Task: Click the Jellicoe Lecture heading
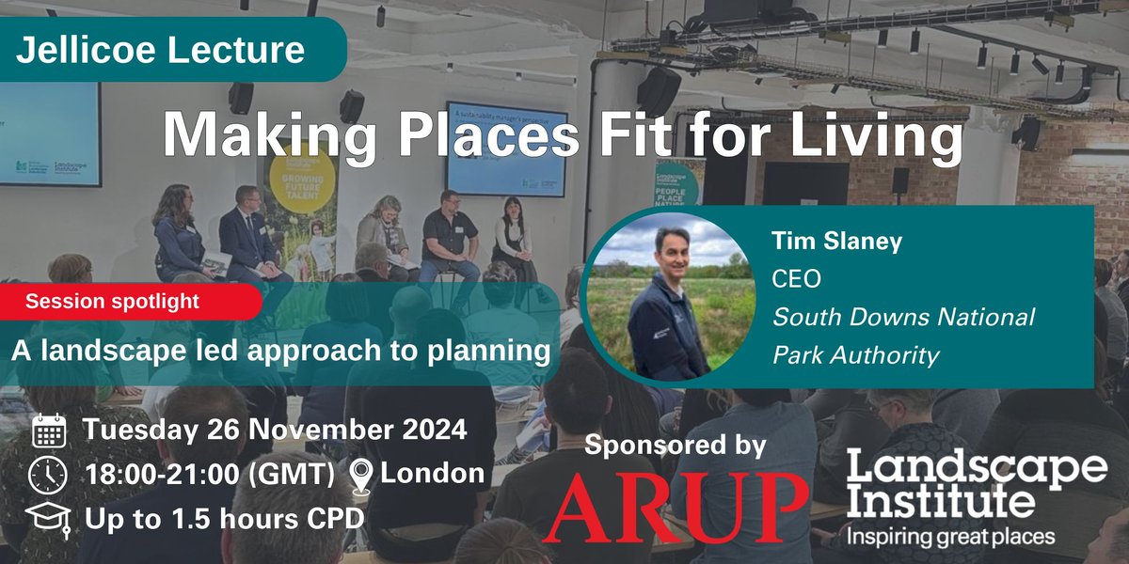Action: pos(160,50)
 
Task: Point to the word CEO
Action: pos(796,279)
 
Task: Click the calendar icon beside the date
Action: pos(49,431)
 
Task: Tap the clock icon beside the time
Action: pos(49,474)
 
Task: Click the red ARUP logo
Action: pos(676,509)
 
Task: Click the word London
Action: pos(433,474)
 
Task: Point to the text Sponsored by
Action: pos(676,445)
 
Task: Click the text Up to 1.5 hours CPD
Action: pos(224,518)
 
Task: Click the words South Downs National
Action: pos(903,317)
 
